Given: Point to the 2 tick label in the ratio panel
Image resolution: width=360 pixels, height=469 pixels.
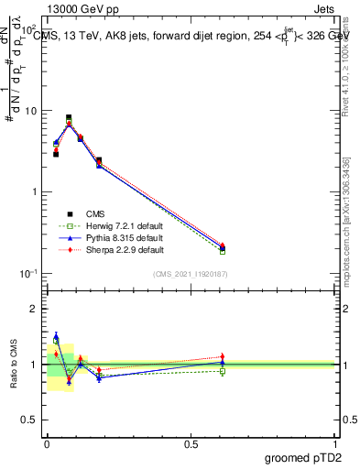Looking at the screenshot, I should click(x=34, y=309).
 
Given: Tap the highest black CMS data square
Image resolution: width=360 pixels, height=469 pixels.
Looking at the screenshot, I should click(x=69, y=117).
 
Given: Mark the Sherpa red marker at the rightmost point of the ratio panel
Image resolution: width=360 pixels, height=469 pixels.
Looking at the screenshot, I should click(x=223, y=356).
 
